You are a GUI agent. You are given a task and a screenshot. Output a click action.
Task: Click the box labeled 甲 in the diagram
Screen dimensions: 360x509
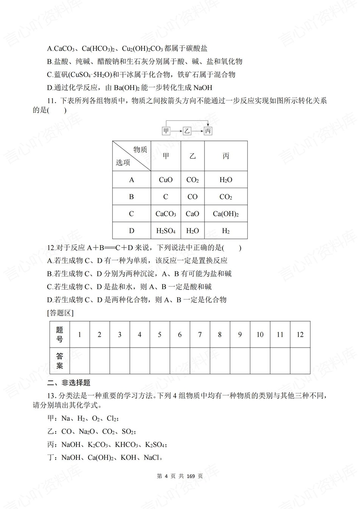[166, 131]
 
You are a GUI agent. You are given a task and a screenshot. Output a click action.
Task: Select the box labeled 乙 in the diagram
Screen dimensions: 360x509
[187, 131]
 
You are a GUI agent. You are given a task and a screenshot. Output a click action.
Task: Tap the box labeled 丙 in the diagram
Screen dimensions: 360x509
[208, 131]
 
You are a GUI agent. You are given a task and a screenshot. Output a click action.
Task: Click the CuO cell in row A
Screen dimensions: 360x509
[166, 180]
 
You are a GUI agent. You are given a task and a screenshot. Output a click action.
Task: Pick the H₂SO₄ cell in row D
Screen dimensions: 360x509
[166, 231]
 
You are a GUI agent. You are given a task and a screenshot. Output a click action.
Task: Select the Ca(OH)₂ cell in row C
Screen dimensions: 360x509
[226, 214]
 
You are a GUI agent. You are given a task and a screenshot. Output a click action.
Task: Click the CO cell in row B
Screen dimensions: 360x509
[192, 197]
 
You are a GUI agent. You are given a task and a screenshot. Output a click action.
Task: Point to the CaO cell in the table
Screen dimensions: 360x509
[192, 214]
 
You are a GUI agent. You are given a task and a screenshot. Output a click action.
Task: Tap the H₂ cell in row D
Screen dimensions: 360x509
[226, 231]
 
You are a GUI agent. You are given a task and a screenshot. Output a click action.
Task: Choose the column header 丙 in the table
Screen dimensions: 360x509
[226, 156]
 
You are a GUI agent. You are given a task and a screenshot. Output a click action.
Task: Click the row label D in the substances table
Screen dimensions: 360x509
[132, 231]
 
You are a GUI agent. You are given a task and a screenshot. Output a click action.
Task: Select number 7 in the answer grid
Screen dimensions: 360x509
[200, 334]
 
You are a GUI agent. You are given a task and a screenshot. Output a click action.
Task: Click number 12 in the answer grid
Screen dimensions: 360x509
[300, 334]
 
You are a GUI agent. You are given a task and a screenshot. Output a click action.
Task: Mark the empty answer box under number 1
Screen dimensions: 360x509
[79, 360]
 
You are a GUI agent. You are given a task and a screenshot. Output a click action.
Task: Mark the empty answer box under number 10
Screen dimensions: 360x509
[260, 360]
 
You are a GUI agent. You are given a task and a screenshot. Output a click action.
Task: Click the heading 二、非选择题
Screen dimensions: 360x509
[69, 383]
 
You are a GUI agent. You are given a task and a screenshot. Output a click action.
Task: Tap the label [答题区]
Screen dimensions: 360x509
[60, 313]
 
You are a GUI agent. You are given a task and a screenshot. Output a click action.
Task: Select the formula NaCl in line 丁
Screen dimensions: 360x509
[152, 458]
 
